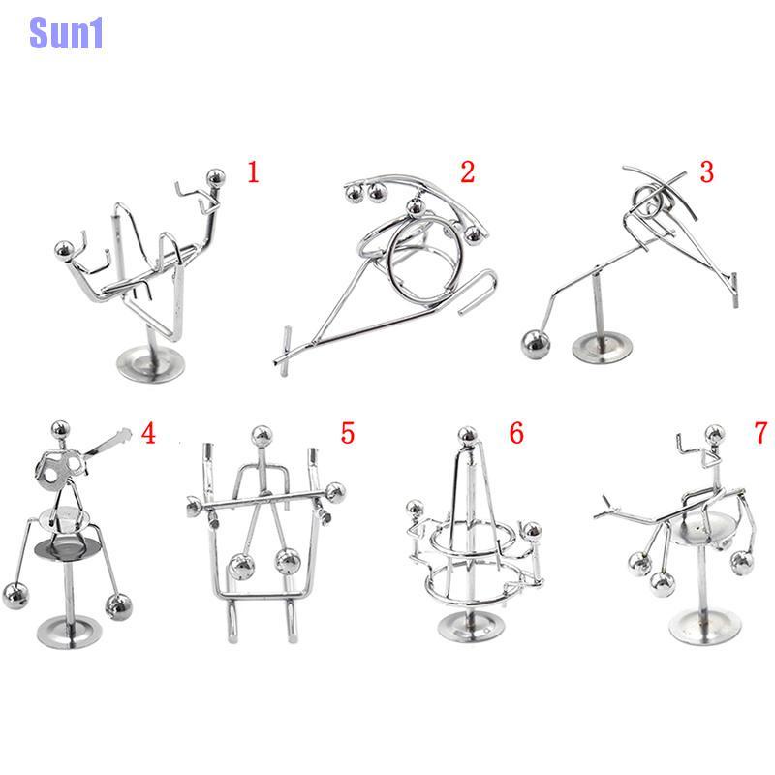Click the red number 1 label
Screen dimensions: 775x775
point(254,173)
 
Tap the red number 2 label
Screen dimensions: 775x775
point(468,172)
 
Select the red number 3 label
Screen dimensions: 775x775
point(705,172)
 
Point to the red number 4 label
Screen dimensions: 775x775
point(147,432)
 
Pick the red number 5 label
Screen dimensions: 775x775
point(348,432)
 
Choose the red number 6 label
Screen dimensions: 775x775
point(515,433)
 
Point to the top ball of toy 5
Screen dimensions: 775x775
point(261,436)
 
